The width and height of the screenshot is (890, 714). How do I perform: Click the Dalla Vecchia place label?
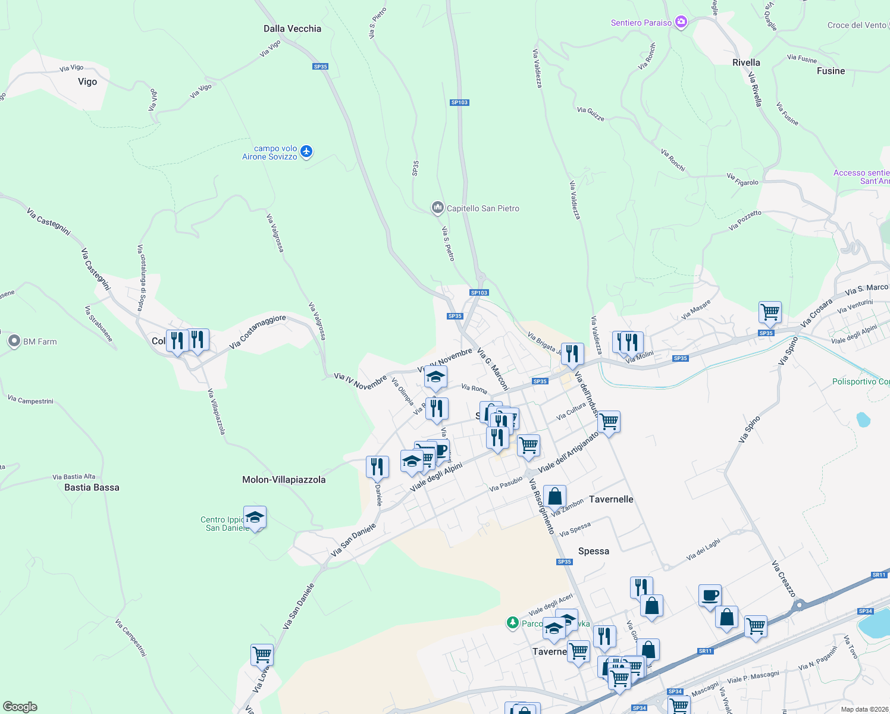292,29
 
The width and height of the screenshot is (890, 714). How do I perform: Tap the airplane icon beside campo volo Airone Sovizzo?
306,152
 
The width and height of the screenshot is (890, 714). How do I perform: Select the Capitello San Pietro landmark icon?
438,208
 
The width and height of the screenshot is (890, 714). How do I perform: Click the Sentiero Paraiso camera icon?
681,23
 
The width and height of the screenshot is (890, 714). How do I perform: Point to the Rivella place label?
746,62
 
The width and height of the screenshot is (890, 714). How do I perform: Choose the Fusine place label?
831,71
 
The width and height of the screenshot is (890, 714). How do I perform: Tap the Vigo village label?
87,82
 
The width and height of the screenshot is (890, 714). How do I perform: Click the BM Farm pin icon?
14,342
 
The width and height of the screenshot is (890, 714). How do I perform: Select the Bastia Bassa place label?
92,487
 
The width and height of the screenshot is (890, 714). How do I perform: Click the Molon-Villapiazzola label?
284,480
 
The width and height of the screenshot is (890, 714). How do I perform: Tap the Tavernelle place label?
611,499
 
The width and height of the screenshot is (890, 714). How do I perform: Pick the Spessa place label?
594,551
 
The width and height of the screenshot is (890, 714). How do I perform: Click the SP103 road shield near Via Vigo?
459,102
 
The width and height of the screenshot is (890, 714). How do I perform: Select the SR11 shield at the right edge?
879,575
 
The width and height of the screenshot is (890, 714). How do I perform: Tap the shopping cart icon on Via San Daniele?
262,654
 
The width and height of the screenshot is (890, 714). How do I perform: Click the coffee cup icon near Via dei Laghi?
710,595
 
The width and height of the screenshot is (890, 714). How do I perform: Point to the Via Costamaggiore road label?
258,332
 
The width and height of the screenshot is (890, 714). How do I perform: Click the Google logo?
20,706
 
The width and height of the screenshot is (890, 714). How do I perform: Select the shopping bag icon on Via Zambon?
554,496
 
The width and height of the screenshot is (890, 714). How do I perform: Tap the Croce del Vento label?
857,25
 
